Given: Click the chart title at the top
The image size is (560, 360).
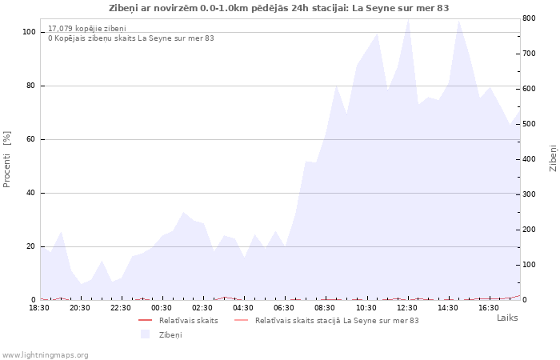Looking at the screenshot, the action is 278,8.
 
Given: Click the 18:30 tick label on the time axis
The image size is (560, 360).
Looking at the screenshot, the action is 39,308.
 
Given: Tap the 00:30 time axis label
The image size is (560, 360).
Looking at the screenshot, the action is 162,308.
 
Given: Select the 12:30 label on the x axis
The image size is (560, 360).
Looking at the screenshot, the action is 407,308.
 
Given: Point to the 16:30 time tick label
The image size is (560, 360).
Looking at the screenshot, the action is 489,308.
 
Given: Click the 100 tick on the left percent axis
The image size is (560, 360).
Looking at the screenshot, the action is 29,32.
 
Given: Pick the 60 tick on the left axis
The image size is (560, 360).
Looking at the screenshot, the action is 30,139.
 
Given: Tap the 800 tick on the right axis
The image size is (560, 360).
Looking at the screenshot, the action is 529,18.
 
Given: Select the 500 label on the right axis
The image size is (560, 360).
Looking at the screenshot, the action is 529,124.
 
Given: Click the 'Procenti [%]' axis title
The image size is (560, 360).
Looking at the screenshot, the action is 6,159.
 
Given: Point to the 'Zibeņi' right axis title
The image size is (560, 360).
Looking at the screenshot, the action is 554,158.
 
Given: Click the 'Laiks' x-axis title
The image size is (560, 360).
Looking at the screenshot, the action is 507,318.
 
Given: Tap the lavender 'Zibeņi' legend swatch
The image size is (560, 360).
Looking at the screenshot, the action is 145,334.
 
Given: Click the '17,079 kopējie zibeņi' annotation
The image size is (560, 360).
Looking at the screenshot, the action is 87,29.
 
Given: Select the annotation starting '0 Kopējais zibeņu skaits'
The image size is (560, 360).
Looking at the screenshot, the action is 131,38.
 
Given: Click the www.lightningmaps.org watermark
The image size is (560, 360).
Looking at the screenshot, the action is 45,355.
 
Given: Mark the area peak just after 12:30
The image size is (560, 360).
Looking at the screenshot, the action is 408,19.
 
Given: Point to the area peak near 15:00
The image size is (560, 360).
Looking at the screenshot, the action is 459,21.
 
